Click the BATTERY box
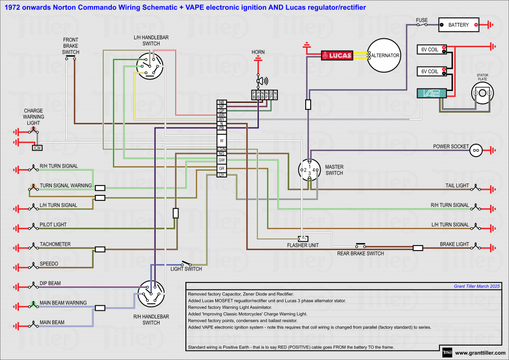[x=458, y=24]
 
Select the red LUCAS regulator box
[x=337, y=55]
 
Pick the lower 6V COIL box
[x=431, y=71]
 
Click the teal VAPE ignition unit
[x=431, y=93]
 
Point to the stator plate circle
[x=482, y=93]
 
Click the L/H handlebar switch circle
[x=150, y=67]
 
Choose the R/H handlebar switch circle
[x=151, y=294]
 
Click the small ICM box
[x=37, y=148]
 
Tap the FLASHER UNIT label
[x=303, y=245]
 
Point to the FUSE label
[x=422, y=20]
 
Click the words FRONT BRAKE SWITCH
[x=71, y=46]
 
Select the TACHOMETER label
[x=55, y=244]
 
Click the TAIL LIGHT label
[x=457, y=185]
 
